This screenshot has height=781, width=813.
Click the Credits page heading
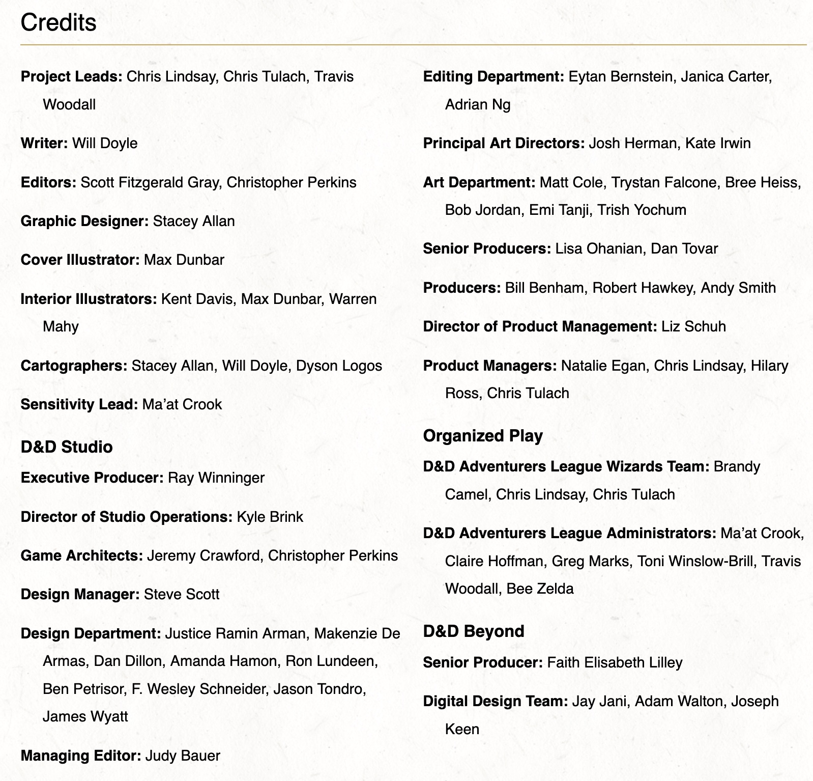tap(59, 23)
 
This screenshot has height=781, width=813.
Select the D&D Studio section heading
tap(67, 447)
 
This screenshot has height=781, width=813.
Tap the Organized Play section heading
tap(483, 436)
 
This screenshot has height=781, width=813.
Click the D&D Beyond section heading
tap(474, 631)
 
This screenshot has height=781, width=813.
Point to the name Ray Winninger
tap(216, 478)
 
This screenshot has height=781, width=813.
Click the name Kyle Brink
tap(270, 517)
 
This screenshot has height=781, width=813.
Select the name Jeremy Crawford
tap(203, 555)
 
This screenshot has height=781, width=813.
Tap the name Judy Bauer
tap(183, 756)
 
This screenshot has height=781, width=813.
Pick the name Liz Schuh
tap(693, 327)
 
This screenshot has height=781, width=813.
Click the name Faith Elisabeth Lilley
tap(615, 663)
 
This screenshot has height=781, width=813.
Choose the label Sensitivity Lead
tap(79, 405)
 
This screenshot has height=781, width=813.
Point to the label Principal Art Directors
tap(504, 144)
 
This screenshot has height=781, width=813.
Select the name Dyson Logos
tap(339, 366)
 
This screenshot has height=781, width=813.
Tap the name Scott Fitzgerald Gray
tap(151, 183)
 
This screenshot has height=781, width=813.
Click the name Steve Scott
tap(182, 595)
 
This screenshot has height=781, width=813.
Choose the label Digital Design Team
tap(496, 702)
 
